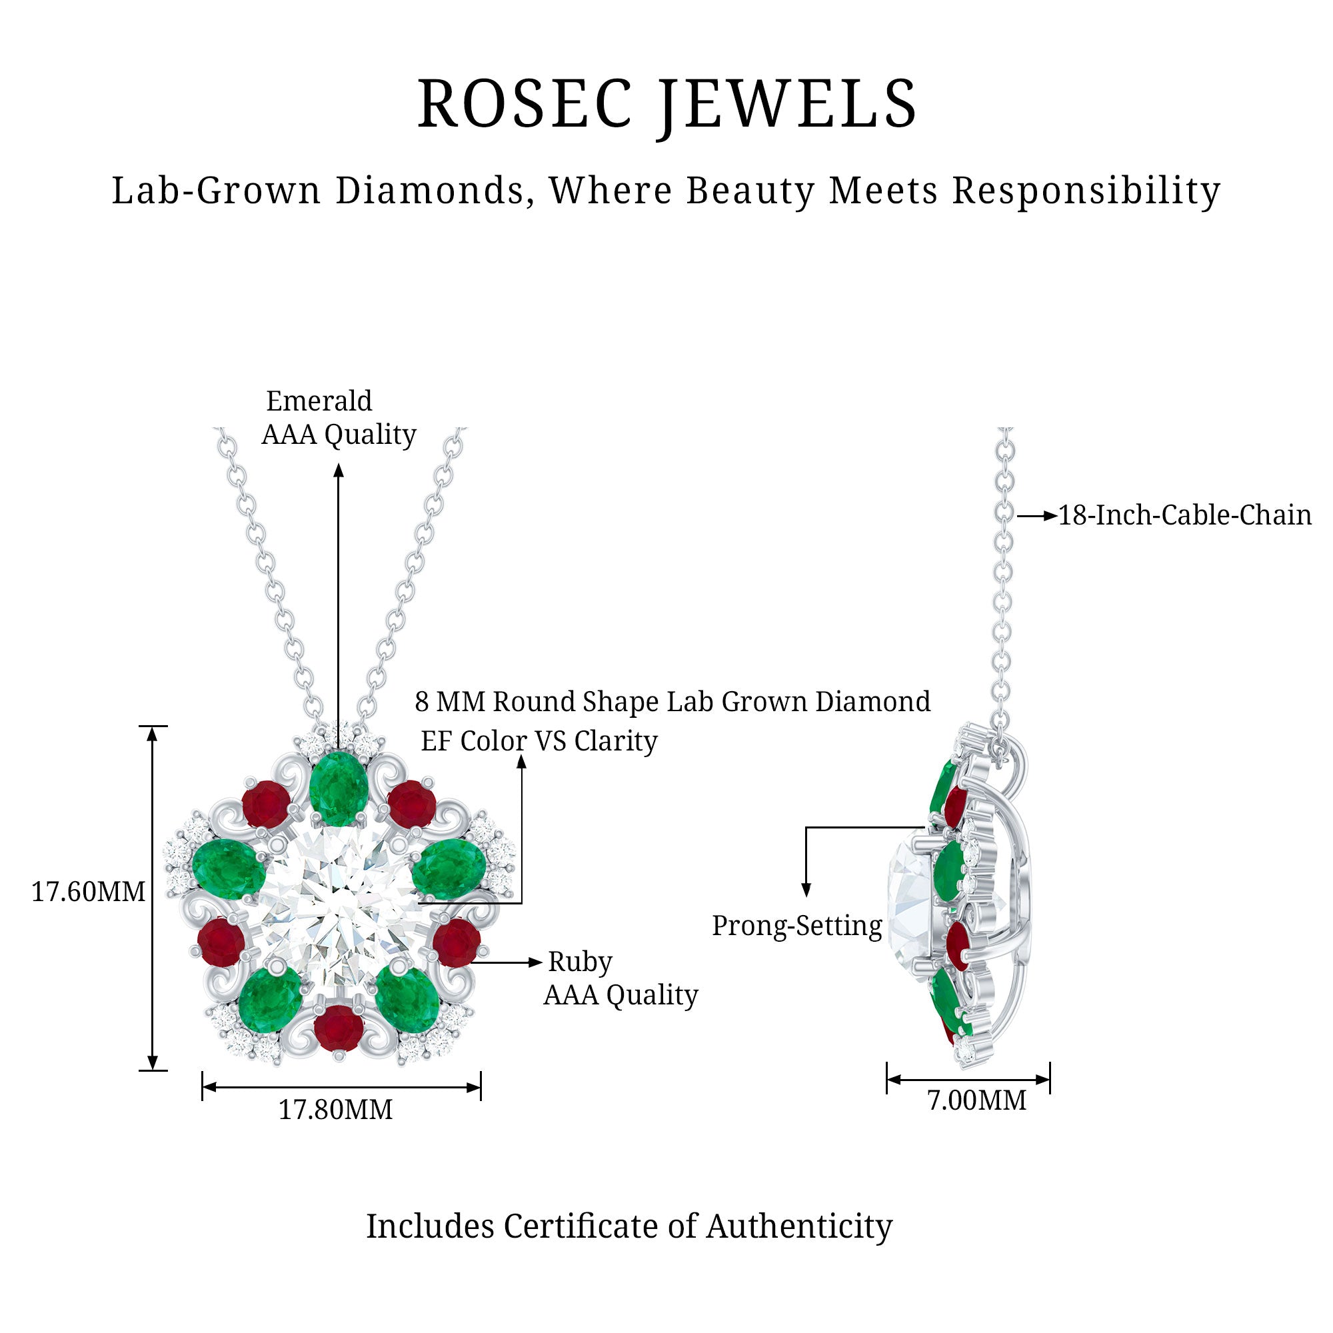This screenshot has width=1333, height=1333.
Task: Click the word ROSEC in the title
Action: click(525, 103)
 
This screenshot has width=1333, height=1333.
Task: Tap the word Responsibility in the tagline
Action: click(1086, 191)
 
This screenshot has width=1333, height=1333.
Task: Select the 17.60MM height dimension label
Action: click(89, 892)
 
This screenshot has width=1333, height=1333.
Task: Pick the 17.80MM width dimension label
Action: click(335, 1110)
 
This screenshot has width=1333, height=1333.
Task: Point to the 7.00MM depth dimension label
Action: click(976, 1100)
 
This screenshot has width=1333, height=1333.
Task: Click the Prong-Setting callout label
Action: click(797, 926)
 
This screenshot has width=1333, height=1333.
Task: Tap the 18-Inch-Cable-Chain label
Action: click(1184, 515)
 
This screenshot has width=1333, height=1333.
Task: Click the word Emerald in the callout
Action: click(319, 401)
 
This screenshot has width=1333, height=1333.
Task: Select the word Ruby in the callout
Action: click(580, 962)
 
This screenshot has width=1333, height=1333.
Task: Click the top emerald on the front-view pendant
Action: click(337, 788)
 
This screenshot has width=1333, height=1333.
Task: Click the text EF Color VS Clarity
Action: click(539, 741)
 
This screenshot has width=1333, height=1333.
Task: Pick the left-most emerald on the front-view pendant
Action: click(228, 868)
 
